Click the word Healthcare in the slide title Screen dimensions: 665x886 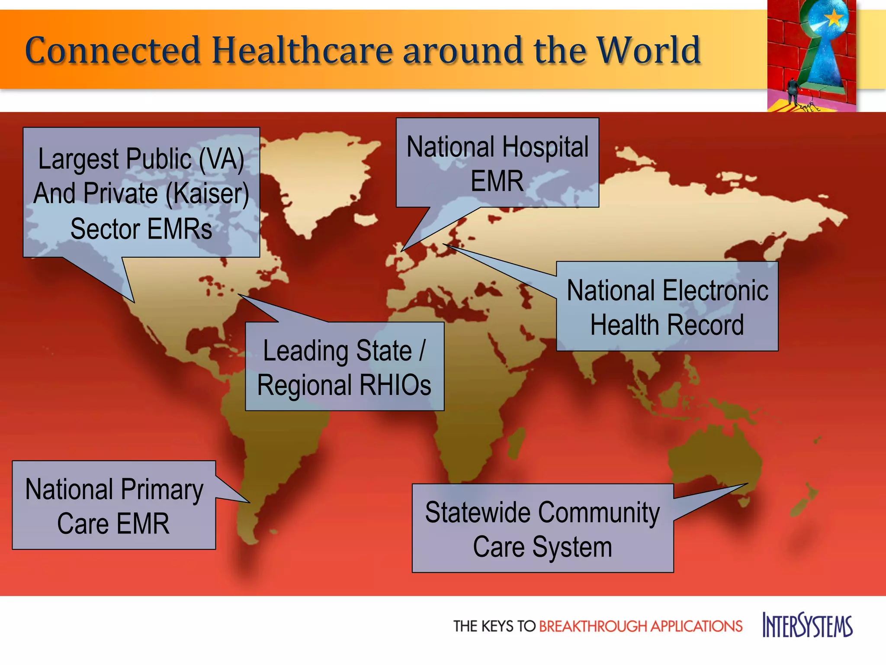point(302,50)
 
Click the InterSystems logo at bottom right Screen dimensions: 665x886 point(807,625)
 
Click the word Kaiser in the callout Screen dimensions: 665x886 point(207,193)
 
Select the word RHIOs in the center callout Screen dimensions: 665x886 point(394,385)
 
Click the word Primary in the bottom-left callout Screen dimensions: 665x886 point(162,490)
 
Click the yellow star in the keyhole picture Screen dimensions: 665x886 point(834,19)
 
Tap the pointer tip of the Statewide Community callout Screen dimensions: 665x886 point(747,484)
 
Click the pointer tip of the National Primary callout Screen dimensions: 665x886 point(249,502)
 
